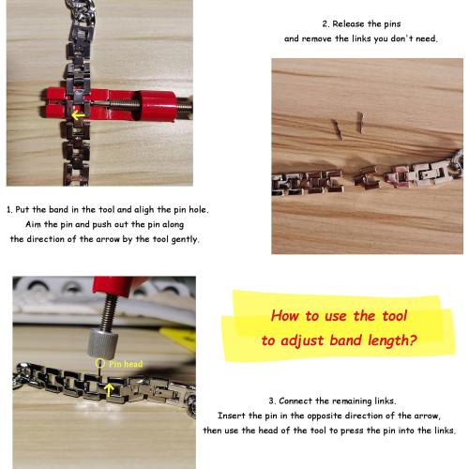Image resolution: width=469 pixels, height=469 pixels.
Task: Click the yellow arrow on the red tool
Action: pos(78,115)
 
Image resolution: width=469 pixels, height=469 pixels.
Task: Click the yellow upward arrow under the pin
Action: pos(109,390)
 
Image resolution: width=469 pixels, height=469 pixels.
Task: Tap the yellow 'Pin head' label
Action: pos(126,364)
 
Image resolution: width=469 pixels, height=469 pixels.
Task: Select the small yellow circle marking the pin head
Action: pos(99,363)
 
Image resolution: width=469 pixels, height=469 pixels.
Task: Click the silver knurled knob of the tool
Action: pos(102,342)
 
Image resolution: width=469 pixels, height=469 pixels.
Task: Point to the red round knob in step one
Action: pos(157,106)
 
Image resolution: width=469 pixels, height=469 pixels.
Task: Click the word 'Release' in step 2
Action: pos(348,24)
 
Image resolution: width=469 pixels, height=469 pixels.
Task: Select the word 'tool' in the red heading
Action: pos(395,316)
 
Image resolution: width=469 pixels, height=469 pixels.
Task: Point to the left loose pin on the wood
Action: pos(337,129)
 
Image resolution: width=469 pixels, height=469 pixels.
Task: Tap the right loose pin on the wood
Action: pos(360,123)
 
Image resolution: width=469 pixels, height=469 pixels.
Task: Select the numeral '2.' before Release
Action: pos(325,24)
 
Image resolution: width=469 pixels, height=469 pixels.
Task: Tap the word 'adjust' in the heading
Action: pos(302,340)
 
